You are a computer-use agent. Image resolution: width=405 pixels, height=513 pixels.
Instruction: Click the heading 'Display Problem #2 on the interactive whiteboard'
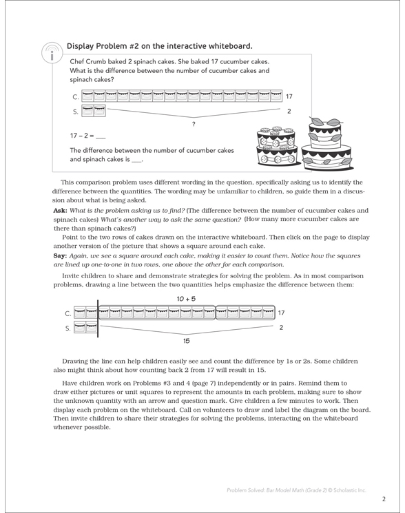click(x=159, y=47)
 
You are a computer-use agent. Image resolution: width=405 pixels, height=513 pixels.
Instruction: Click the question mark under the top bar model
click(x=195, y=123)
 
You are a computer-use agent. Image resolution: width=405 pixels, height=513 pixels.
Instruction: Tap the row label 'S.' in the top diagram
click(x=75, y=111)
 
